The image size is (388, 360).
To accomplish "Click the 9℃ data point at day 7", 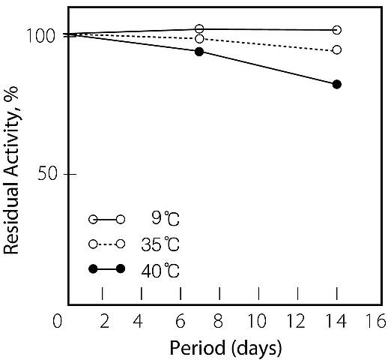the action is (199, 29).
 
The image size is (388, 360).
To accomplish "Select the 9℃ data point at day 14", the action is (337, 30).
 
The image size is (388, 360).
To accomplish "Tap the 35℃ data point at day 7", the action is (199, 39).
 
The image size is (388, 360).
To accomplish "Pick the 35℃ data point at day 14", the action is (337, 49).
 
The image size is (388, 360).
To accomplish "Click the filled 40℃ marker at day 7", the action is (199, 52).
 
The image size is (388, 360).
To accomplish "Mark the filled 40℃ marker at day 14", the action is (337, 84).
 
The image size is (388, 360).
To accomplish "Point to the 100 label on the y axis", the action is (40, 36).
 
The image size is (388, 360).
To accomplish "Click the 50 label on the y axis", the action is (47, 173).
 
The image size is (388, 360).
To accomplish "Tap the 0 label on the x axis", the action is (57, 321).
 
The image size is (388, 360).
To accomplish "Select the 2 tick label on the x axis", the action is (105, 321).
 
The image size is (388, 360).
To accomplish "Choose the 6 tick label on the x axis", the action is (181, 321).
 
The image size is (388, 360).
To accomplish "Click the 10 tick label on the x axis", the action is (257, 321).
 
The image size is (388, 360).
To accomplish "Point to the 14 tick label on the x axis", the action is (336, 321).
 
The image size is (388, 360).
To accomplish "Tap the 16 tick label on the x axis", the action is (377, 321).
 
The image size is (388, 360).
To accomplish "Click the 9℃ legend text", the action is (166, 218).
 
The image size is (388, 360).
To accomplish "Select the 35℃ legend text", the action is (160, 244).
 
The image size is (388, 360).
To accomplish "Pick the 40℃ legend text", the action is (160, 270).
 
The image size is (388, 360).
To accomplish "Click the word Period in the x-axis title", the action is (197, 348).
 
